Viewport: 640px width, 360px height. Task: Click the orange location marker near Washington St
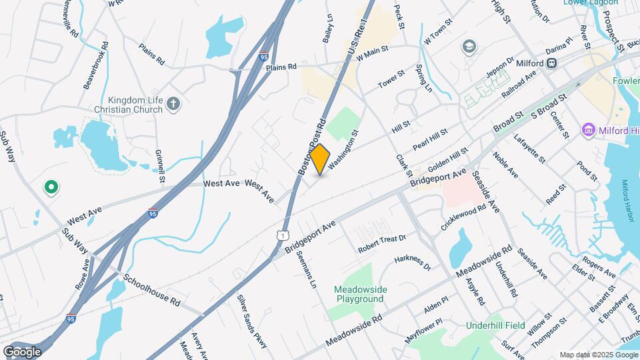[x=320, y=159]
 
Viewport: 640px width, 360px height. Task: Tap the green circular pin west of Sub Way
[x=50, y=187]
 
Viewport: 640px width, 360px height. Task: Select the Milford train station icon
[x=551, y=63]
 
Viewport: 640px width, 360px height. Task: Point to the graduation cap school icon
[x=469, y=46]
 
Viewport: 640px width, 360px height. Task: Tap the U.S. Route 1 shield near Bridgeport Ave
[x=284, y=235]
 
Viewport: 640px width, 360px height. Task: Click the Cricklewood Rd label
[x=463, y=218]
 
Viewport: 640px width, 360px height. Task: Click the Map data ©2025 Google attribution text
[x=598, y=355]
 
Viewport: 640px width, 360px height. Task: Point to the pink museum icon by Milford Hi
[x=588, y=129]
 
